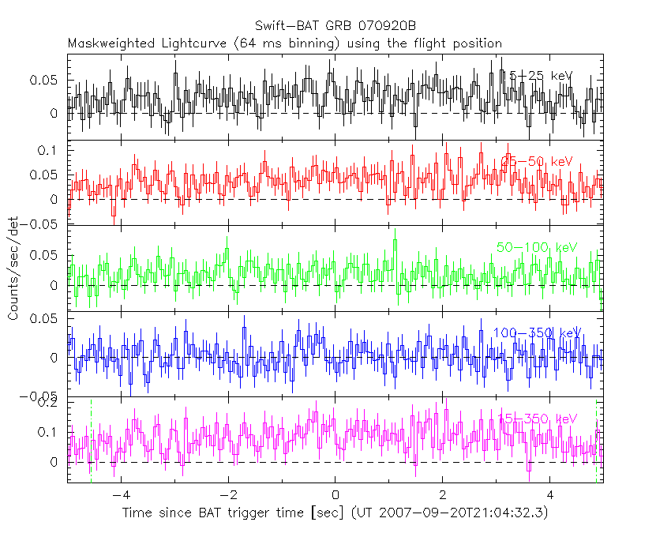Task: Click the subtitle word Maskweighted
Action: [x=106, y=43]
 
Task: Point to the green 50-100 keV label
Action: [x=537, y=247]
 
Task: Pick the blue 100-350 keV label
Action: [x=537, y=332]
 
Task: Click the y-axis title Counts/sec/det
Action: [x=13, y=268]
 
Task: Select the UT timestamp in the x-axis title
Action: [x=450, y=513]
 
